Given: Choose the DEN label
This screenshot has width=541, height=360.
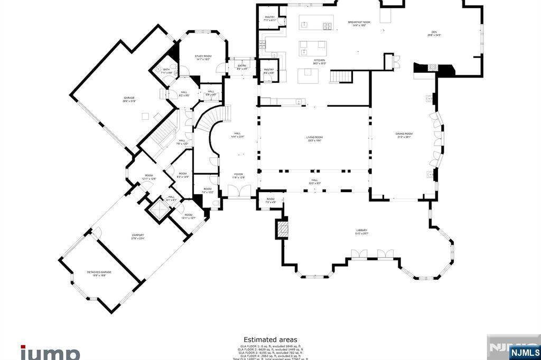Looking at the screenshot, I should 434,33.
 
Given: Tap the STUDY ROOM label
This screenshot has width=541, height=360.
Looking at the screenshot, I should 203,57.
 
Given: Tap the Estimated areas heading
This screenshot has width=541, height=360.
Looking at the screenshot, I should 270,340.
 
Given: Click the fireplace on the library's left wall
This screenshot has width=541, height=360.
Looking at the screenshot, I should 283,229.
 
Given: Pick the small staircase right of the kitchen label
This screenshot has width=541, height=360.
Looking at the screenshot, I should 341,77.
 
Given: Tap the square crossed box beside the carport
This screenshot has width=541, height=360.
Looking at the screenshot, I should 158,210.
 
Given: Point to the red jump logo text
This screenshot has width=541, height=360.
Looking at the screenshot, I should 50,353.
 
